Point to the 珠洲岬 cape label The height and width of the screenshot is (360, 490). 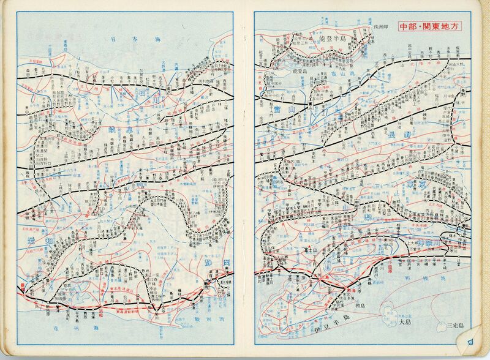click(380, 29)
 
